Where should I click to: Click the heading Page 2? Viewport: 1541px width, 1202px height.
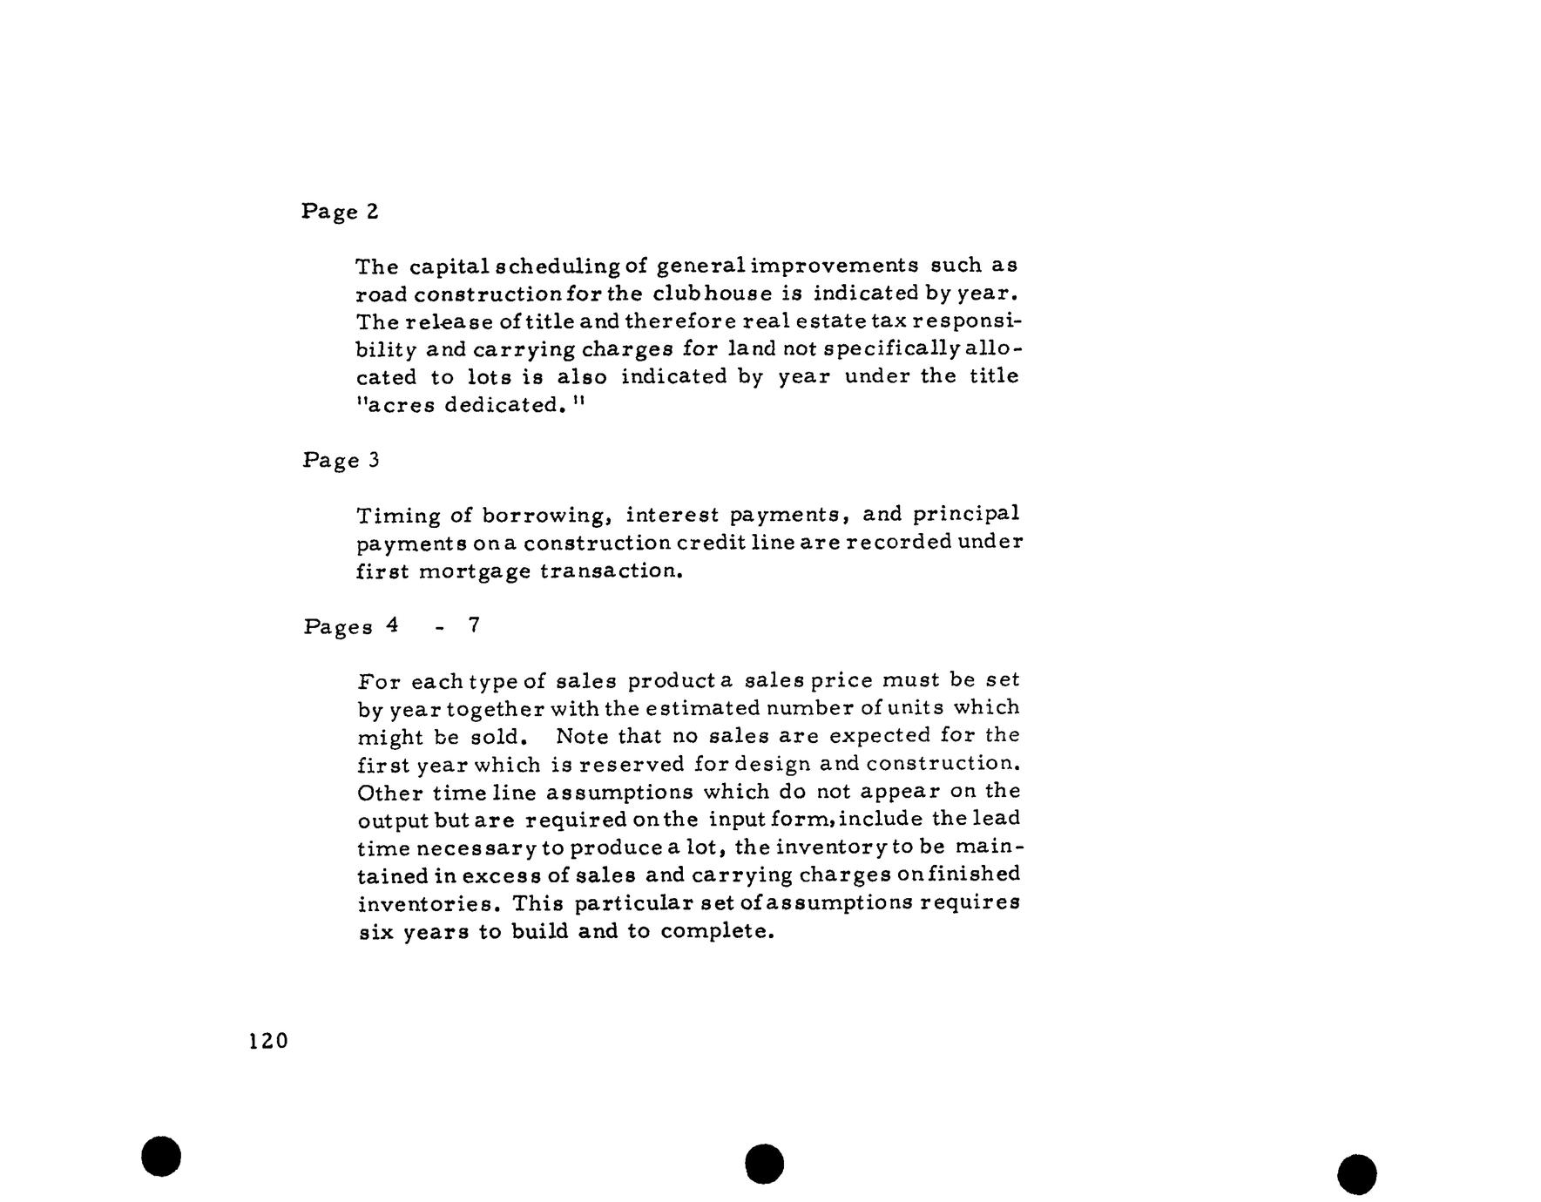(340, 212)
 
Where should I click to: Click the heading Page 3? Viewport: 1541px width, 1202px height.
(341, 460)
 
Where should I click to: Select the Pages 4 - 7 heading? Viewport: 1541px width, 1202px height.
(391, 626)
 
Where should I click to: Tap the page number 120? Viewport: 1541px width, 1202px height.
(267, 1041)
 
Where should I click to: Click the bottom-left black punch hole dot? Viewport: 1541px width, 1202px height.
(161, 1156)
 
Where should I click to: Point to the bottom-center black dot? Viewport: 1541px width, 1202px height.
(765, 1164)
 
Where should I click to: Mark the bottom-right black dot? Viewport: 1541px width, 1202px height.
(1357, 1174)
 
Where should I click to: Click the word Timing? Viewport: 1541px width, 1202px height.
(399, 516)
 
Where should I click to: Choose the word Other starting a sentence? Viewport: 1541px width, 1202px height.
(390, 793)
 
